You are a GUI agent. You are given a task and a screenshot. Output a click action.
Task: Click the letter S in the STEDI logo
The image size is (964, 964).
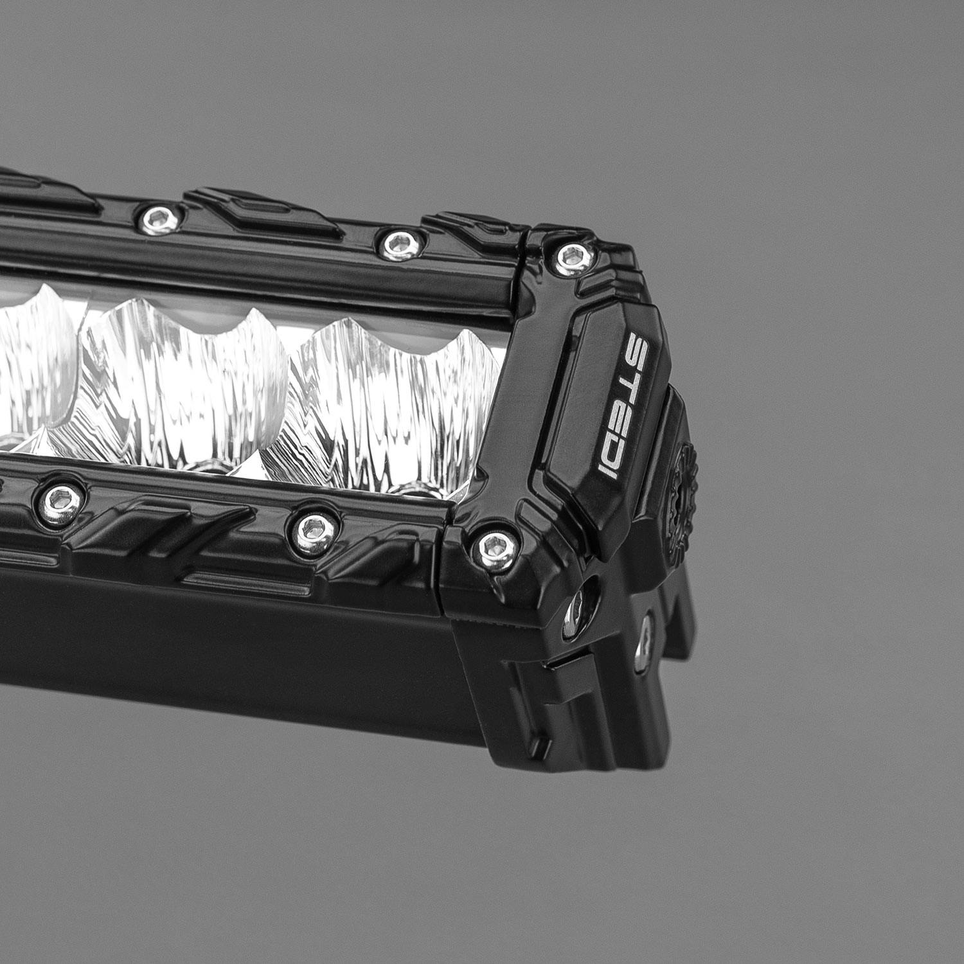tap(636, 347)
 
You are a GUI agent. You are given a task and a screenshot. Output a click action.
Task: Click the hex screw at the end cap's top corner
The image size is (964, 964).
tap(569, 257)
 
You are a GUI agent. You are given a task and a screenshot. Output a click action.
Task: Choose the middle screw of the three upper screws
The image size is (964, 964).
tap(393, 242)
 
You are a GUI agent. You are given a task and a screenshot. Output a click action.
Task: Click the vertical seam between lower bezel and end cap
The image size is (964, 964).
tap(443, 566)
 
